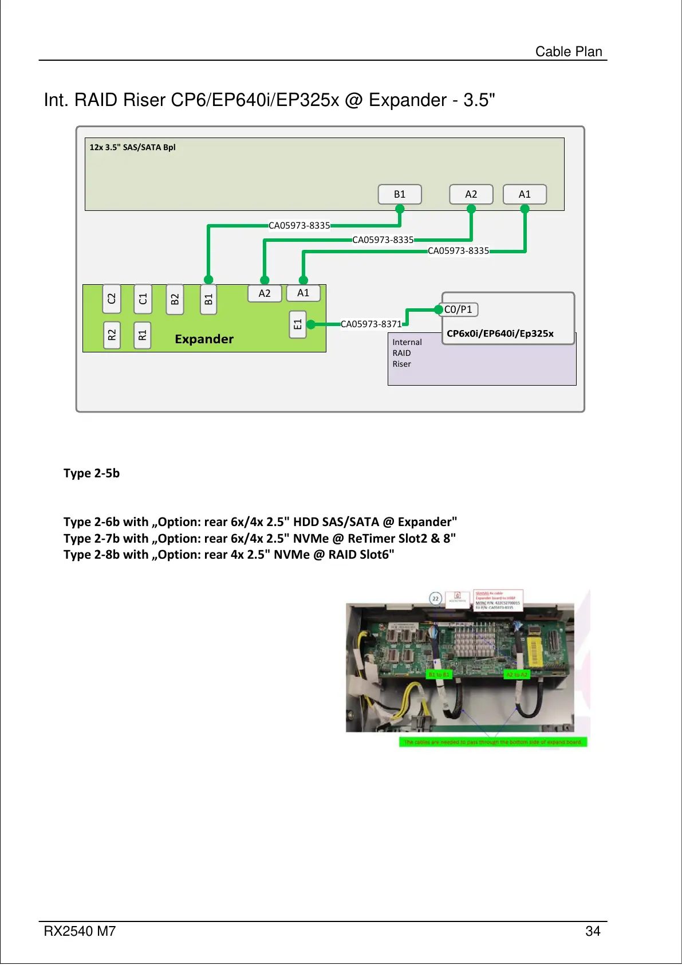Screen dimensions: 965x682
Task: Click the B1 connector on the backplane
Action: coord(400,194)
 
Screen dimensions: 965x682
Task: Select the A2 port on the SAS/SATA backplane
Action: coord(471,194)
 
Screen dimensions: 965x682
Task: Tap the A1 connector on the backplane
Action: coord(525,194)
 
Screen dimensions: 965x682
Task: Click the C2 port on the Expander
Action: coord(112,299)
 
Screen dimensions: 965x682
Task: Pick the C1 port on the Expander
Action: coord(143,299)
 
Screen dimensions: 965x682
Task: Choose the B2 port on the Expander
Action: coord(175,299)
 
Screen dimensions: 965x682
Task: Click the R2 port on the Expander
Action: coord(112,335)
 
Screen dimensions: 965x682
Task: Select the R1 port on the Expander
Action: coord(143,335)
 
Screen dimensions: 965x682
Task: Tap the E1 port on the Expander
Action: coord(298,324)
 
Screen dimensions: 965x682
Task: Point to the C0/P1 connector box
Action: coord(459,309)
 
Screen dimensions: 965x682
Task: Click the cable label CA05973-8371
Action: coord(371,324)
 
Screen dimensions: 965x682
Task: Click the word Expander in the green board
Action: coord(204,339)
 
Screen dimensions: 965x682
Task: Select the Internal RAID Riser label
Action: coord(407,353)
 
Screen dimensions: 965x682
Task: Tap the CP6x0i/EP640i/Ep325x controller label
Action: coord(500,334)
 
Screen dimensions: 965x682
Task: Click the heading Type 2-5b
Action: coord(92,473)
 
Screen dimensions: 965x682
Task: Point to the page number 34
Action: coord(593,931)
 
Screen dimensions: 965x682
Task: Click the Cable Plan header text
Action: coord(569,52)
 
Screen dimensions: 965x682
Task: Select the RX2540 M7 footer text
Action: coord(80,931)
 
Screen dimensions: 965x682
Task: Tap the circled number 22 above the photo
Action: coord(436,599)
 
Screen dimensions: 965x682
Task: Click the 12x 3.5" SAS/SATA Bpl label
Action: coord(132,147)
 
